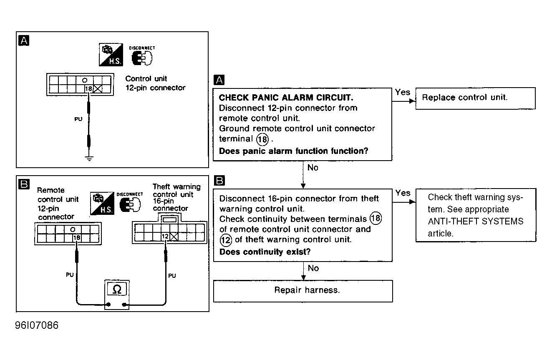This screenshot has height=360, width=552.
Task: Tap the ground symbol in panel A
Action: coord(88,158)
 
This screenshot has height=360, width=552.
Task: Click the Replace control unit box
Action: coord(475,98)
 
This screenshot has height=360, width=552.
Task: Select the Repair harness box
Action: coord(303,291)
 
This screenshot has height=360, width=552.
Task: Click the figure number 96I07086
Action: coord(37,325)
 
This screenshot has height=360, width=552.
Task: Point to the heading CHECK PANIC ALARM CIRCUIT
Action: coord(286,98)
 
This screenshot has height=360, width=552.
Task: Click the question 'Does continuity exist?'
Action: coord(265,252)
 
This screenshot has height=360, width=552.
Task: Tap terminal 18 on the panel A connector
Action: coord(88,89)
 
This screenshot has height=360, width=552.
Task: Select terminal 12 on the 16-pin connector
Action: coord(164,237)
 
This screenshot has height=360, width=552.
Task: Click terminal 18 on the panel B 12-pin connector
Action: coord(76,238)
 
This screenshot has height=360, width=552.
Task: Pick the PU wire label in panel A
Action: coord(78,119)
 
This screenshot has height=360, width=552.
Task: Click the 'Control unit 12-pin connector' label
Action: coord(155,83)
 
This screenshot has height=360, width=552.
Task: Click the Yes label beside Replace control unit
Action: coord(402,92)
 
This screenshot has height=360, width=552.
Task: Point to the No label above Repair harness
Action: coord(313,268)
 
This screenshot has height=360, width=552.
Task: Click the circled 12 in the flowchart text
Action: coord(225,240)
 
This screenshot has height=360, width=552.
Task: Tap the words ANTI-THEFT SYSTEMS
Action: coord(476,222)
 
